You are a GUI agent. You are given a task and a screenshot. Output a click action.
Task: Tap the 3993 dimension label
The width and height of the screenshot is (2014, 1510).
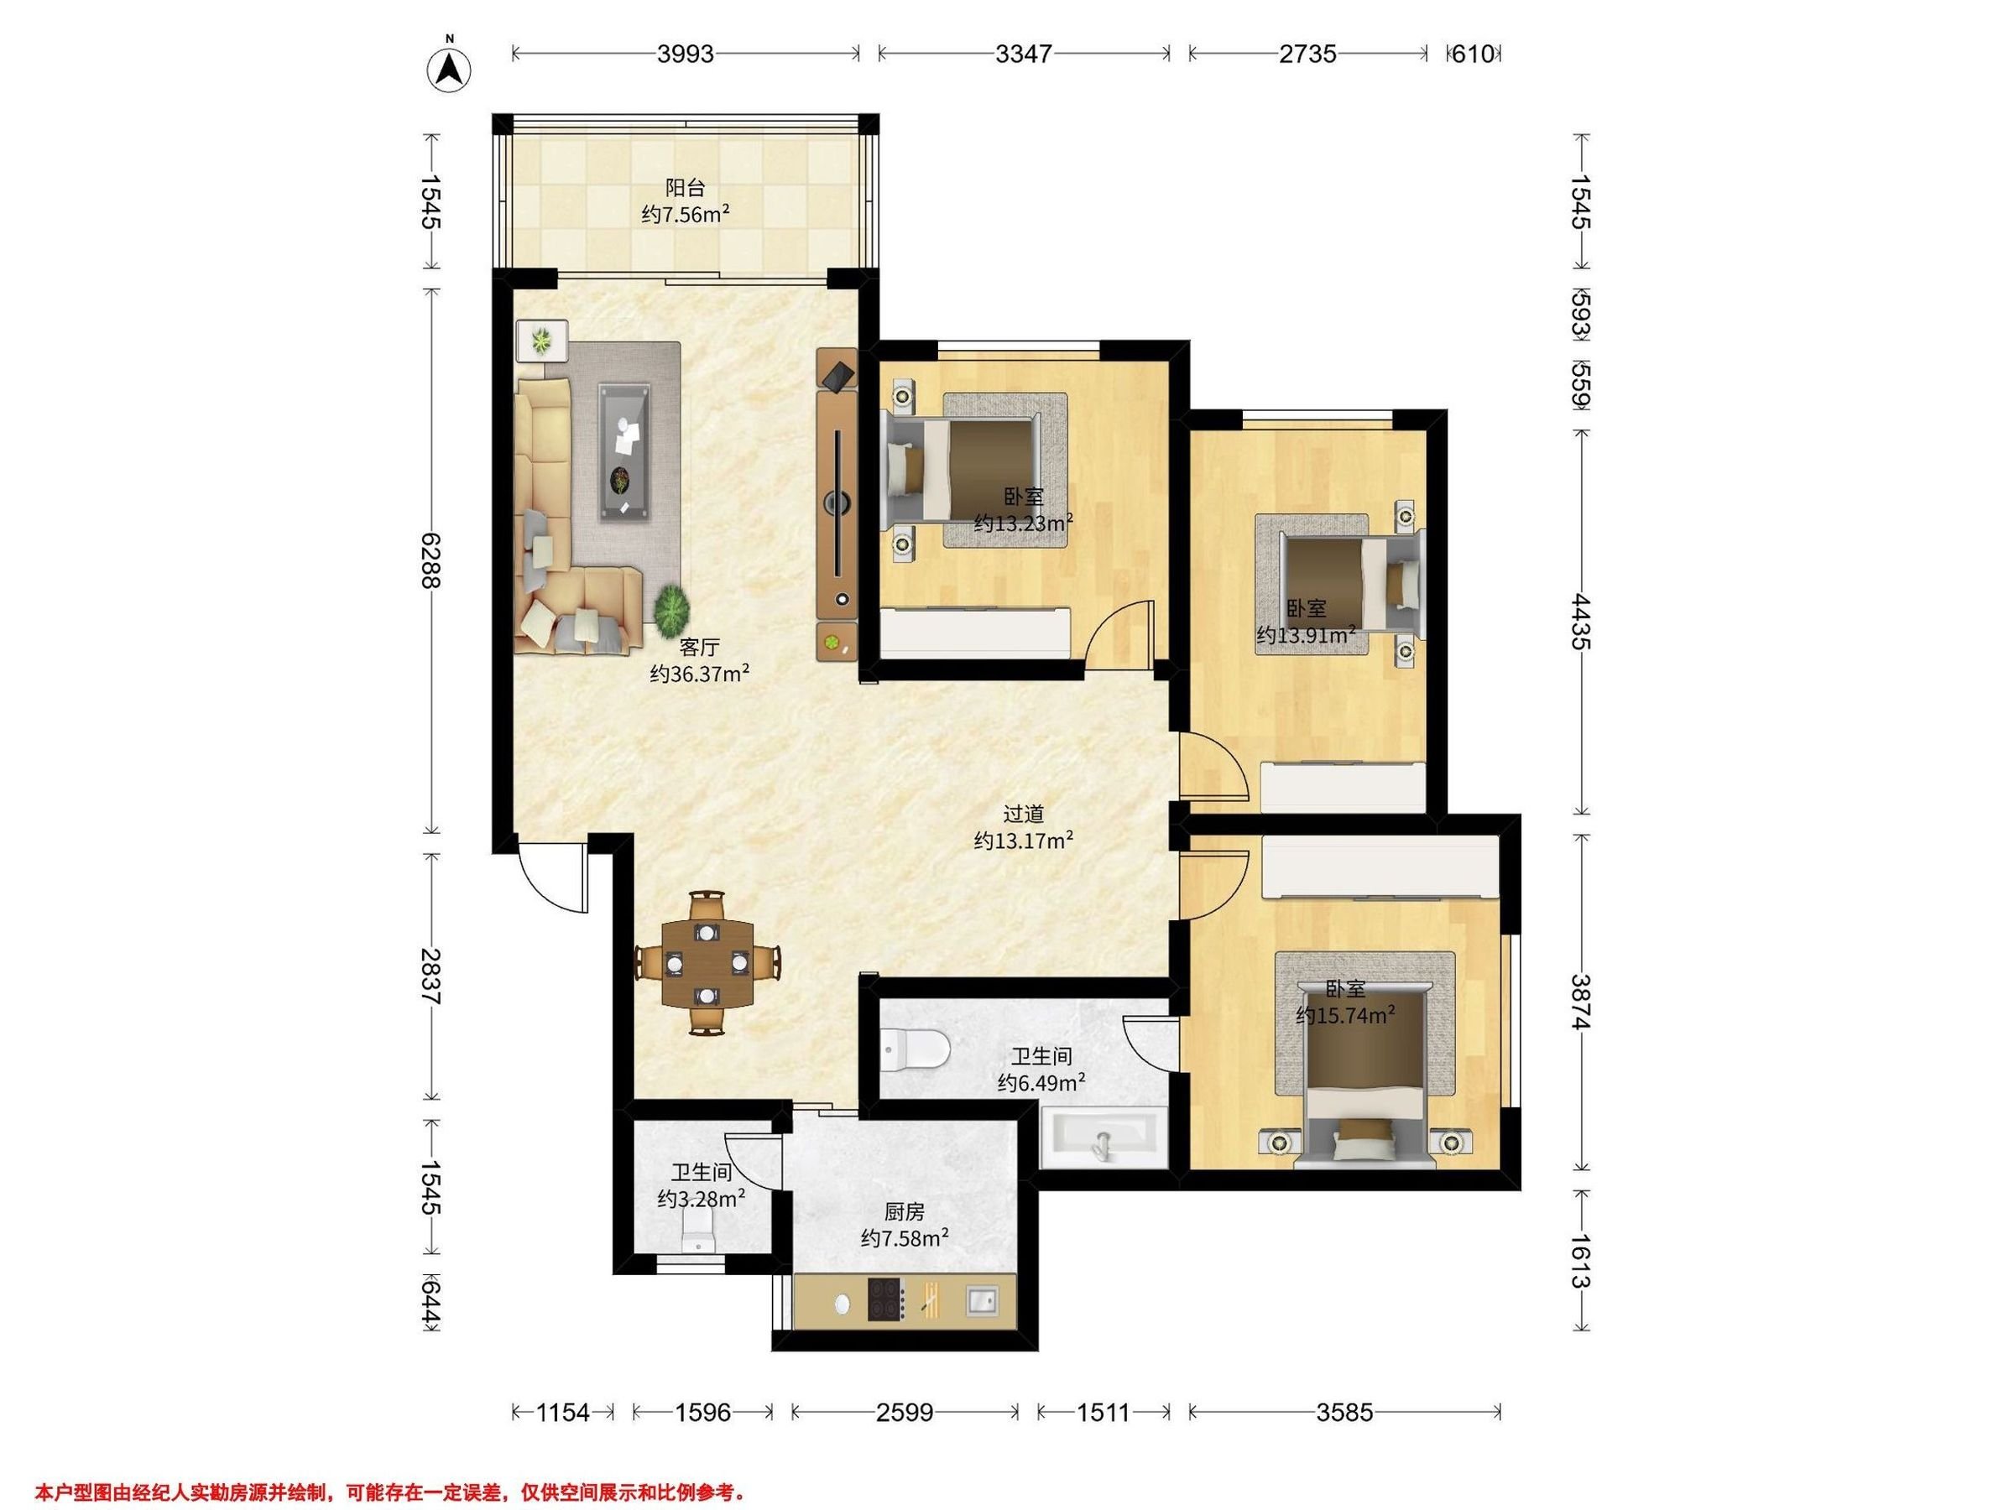pyautogui.click(x=686, y=55)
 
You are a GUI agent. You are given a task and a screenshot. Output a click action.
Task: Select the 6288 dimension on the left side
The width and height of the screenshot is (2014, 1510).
pyautogui.click(x=431, y=560)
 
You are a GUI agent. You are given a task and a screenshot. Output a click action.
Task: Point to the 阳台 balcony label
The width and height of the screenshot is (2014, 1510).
pyautogui.click(x=685, y=189)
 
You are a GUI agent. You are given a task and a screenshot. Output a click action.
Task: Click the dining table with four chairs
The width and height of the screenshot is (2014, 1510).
pyautogui.click(x=707, y=963)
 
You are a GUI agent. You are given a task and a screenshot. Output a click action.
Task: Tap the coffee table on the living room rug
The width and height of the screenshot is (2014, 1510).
pyautogui.click(x=624, y=452)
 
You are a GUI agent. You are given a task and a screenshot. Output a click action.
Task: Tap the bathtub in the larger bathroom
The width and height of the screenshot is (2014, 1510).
pyautogui.click(x=1103, y=1138)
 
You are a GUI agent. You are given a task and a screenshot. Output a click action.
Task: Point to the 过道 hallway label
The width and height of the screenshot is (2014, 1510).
pyautogui.click(x=1024, y=813)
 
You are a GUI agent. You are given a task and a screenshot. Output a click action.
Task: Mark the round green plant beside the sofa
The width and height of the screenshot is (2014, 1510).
pyautogui.click(x=673, y=610)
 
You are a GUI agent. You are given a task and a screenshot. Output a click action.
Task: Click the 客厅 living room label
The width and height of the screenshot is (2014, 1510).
pyautogui.click(x=699, y=647)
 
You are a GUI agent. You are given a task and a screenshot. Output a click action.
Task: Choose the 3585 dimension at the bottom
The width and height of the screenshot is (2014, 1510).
pyautogui.click(x=1345, y=1413)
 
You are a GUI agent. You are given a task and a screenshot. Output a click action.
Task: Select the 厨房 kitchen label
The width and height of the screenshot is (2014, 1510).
pyautogui.click(x=905, y=1211)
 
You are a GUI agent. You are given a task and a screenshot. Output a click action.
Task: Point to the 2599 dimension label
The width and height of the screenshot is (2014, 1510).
pyautogui.click(x=904, y=1413)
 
